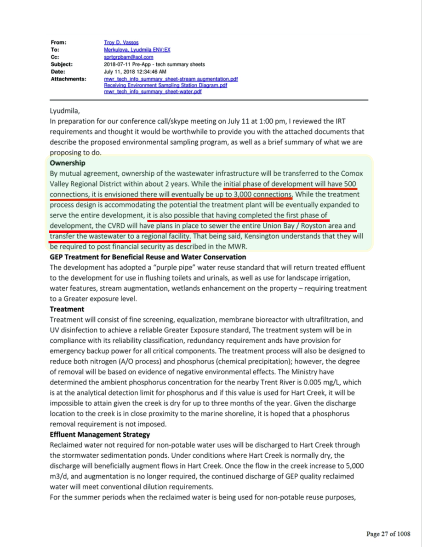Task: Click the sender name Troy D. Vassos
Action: pos(121,42)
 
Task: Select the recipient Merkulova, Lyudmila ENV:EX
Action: pos(137,50)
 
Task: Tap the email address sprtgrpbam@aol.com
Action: pos(128,57)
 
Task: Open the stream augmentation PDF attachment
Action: pos(171,79)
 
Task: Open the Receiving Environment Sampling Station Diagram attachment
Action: pos(165,85)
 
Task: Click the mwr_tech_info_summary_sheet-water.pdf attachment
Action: pos(153,92)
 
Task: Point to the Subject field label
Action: pos(62,64)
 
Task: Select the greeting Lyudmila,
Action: pos(66,110)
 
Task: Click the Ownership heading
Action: pos(67,163)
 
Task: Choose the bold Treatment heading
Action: pos(67,309)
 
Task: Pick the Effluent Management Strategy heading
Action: pos(100,434)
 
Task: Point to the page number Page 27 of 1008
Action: pos(388,534)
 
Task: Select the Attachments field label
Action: pos(68,79)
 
